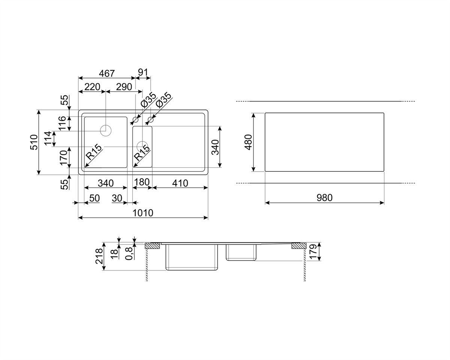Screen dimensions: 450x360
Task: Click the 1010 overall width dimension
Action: tap(143, 213)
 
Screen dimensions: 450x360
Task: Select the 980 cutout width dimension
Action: tap(324, 198)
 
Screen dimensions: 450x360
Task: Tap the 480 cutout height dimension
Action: tap(248, 142)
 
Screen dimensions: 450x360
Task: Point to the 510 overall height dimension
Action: tap(34, 142)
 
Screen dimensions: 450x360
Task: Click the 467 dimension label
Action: tap(107, 73)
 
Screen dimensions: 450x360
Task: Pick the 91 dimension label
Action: tap(143, 72)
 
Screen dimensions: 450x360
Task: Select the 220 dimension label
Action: tap(92, 87)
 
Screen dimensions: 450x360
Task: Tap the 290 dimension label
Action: tap(124, 87)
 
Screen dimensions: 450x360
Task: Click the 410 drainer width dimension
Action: tap(180, 183)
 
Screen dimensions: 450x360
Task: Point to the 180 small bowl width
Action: tap(142, 182)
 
